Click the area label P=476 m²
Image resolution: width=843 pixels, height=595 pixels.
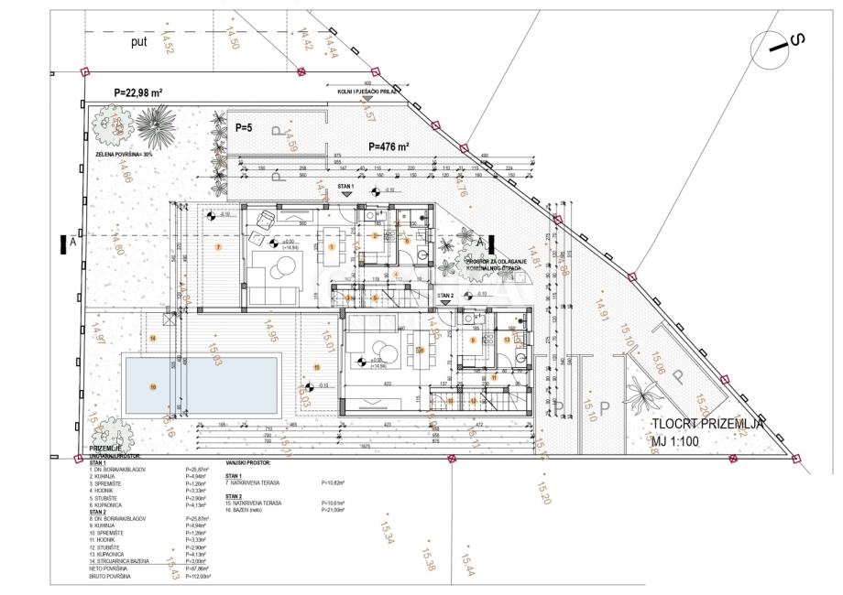389,146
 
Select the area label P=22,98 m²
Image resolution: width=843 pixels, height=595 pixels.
137,92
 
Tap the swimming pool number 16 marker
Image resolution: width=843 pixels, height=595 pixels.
153,386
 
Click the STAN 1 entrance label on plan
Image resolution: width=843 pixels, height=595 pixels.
345,185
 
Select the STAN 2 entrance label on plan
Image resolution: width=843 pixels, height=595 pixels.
446,296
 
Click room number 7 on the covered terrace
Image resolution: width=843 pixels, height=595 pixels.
218,247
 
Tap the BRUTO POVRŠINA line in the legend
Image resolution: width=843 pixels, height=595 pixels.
109,578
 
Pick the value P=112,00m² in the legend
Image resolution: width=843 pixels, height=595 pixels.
199,578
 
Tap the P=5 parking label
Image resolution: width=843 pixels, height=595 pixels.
245,127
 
